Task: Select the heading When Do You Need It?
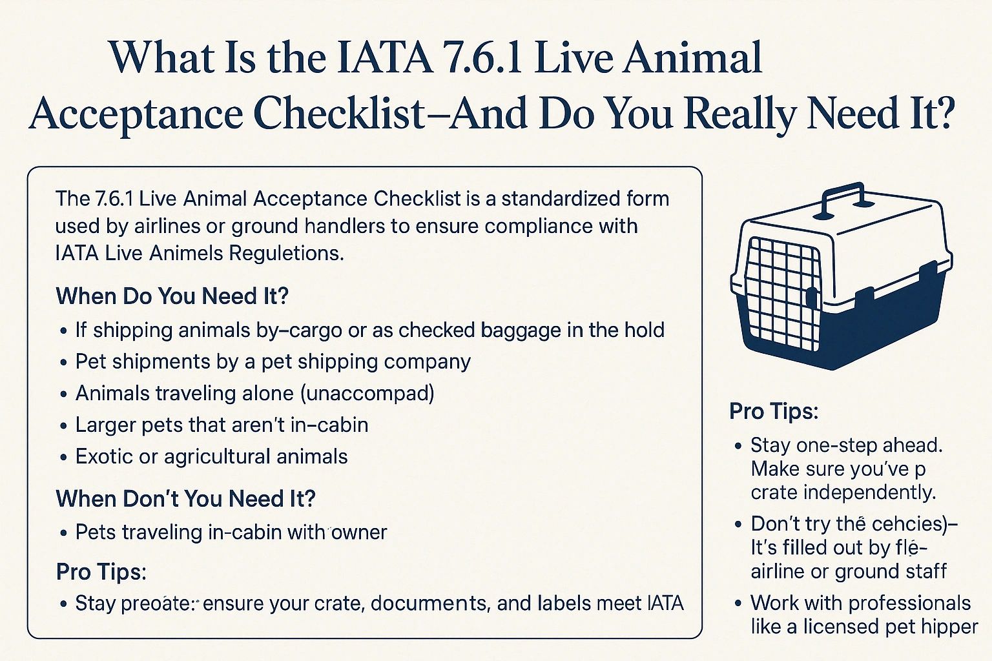click(172, 296)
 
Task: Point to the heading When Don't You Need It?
click(185, 499)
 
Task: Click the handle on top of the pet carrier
click(840, 197)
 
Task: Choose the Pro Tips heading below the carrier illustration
click(774, 411)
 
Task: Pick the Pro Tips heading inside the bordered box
click(101, 572)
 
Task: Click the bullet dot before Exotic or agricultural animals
click(63, 458)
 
